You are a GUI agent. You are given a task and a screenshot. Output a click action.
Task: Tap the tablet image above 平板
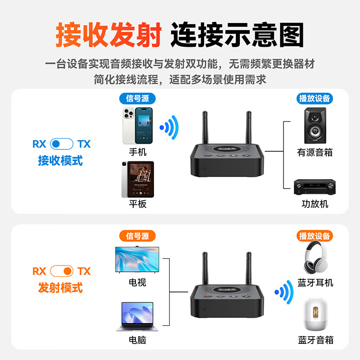click(x=137, y=179)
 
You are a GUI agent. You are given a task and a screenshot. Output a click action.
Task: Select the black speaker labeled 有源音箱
click(x=315, y=125)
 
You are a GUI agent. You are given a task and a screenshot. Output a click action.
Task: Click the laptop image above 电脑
click(x=137, y=316)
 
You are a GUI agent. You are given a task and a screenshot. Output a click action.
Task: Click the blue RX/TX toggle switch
click(x=62, y=144)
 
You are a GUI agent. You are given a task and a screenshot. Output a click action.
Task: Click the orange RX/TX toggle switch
click(x=62, y=271)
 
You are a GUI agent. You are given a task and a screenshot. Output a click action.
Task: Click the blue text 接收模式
click(x=60, y=161)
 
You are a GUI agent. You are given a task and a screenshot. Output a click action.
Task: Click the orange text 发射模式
click(x=60, y=288)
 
